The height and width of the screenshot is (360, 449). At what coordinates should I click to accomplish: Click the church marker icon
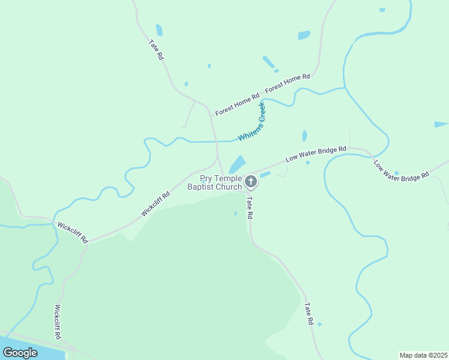(x=251, y=180)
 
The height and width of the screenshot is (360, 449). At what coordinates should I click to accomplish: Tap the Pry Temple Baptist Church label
(x=214, y=183)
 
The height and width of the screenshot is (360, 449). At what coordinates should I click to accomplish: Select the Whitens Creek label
(x=252, y=122)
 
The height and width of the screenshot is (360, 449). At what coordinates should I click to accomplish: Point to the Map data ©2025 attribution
(x=423, y=355)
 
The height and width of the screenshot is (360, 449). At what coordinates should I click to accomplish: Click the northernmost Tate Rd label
(x=156, y=49)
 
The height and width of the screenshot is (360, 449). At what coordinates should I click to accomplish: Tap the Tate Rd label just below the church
(x=249, y=208)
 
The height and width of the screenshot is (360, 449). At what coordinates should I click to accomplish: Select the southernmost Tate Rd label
(x=309, y=313)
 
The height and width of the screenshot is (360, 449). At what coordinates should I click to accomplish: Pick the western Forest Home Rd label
(x=237, y=104)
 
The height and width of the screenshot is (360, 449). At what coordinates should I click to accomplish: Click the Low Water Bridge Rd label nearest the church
(x=316, y=154)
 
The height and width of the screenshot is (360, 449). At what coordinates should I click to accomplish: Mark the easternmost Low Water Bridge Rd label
(x=401, y=170)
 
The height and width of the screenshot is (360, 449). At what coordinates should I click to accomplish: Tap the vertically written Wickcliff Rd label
(x=58, y=322)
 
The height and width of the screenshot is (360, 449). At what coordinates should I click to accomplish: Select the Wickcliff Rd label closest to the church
(x=155, y=204)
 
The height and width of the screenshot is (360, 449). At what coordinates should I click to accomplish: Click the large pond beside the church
(x=238, y=164)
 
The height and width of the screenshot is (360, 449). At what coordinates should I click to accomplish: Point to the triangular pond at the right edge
(x=441, y=125)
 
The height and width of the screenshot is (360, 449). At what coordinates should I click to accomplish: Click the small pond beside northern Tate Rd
(x=159, y=30)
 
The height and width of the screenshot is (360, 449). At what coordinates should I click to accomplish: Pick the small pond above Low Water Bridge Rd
(x=304, y=136)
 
